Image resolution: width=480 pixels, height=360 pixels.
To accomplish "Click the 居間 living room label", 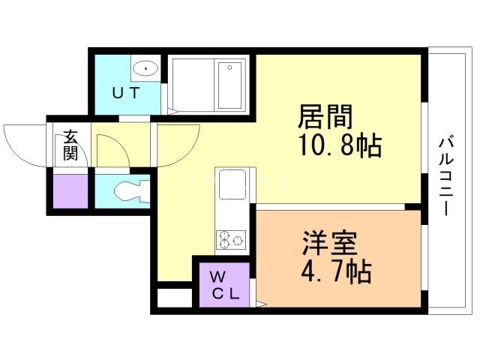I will tap(325, 118).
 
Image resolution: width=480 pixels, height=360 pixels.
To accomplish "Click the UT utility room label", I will tap(127, 93).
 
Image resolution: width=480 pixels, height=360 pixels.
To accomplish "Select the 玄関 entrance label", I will tap(70, 145).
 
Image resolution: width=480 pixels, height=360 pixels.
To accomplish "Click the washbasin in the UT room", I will tap(144, 70).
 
